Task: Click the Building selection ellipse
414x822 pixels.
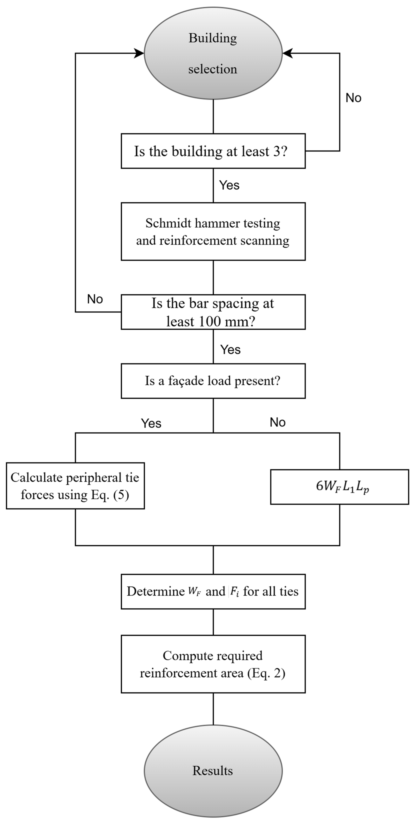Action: coord(213,53)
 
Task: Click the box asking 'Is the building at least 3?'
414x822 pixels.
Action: coord(213,151)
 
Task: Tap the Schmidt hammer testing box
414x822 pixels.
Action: coord(213,231)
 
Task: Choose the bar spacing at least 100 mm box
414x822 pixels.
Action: coord(213,312)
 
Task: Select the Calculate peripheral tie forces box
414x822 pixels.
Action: coord(75,486)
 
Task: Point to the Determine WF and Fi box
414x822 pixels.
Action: coord(213,591)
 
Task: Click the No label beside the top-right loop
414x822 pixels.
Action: coord(353,98)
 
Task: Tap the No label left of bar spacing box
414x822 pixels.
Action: coord(95,299)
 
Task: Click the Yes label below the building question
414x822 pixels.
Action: coord(229,185)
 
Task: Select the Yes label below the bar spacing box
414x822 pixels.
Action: coord(230,350)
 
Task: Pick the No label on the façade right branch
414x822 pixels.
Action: coord(277,422)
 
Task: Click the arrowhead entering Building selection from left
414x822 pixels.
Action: coord(139,53)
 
